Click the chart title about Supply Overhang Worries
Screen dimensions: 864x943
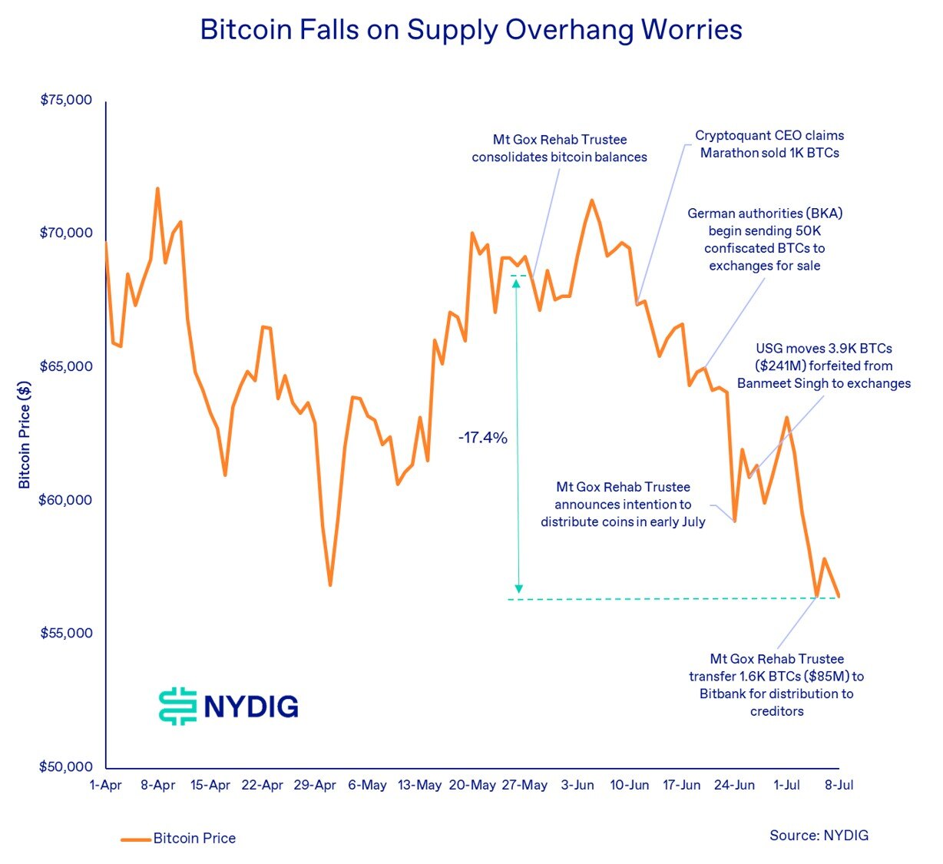[471, 30]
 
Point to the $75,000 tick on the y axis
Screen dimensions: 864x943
[66, 100]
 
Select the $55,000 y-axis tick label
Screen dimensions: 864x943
[66, 634]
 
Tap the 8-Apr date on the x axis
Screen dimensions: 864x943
[157, 786]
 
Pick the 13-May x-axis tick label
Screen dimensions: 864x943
[420, 786]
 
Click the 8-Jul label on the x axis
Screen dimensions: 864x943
[839, 786]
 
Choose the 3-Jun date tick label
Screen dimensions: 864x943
[577, 786]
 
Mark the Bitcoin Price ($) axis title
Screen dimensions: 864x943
[25, 434]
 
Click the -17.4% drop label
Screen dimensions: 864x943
[483, 438]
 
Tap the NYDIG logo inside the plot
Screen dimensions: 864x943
[229, 706]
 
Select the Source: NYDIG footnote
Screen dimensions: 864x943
[819, 836]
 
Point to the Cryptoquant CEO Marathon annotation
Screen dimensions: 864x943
[769, 144]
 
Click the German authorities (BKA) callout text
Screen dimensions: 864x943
[765, 240]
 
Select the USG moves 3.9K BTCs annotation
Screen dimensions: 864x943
[824, 366]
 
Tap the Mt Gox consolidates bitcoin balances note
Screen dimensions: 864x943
[559, 149]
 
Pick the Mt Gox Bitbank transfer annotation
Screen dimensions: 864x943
[776, 685]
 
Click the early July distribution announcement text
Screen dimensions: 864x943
[623, 505]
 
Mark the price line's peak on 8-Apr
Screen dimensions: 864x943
[157, 188]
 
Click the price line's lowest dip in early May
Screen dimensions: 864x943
[330, 585]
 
